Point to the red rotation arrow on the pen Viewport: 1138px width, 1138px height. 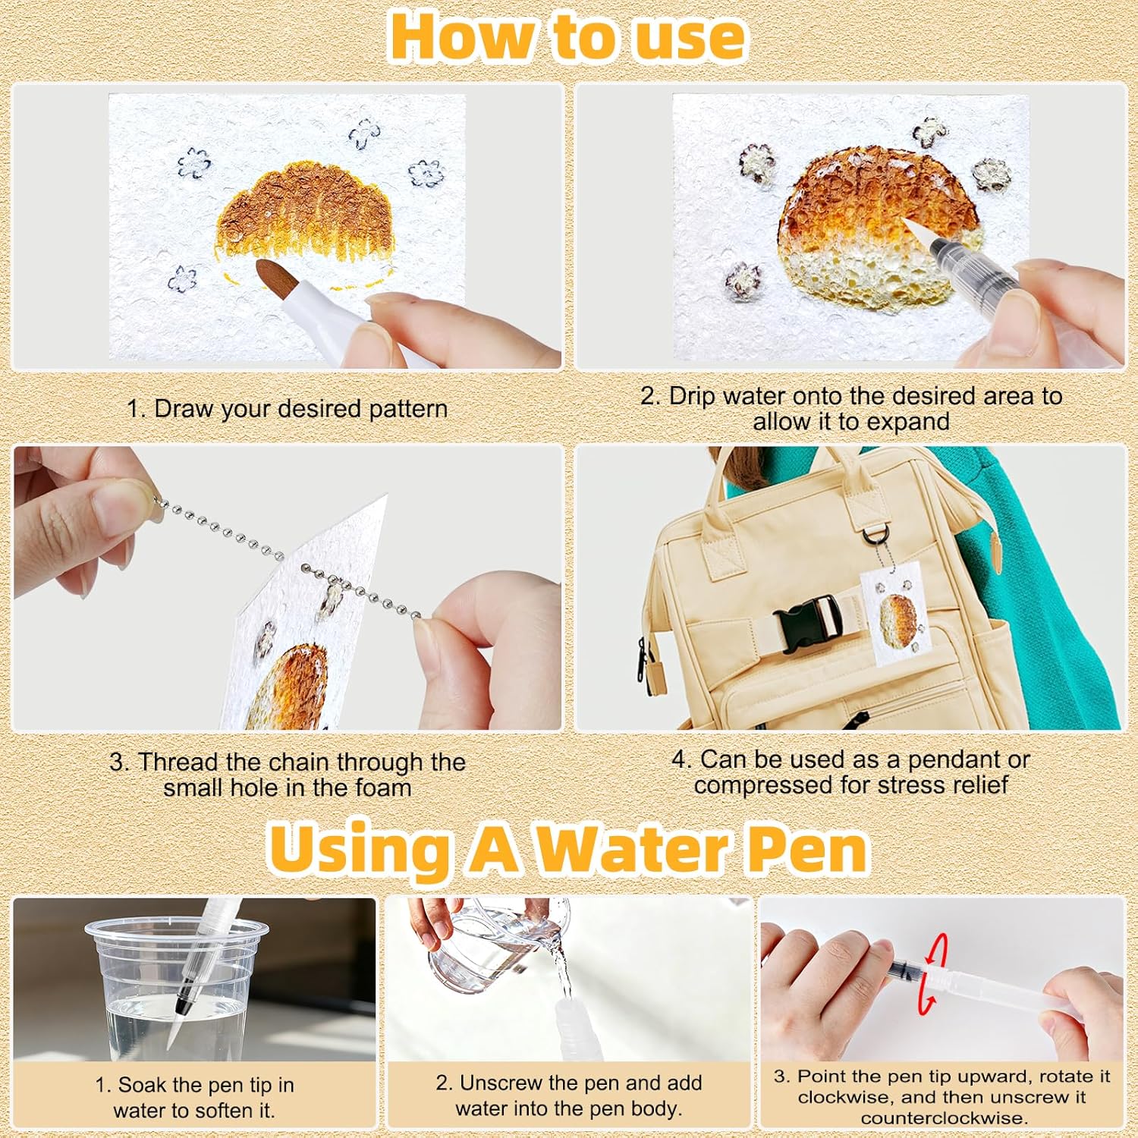pyautogui.click(x=934, y=973)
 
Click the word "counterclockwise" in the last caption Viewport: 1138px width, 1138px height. pyautogui.click(x=943, y=1118)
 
